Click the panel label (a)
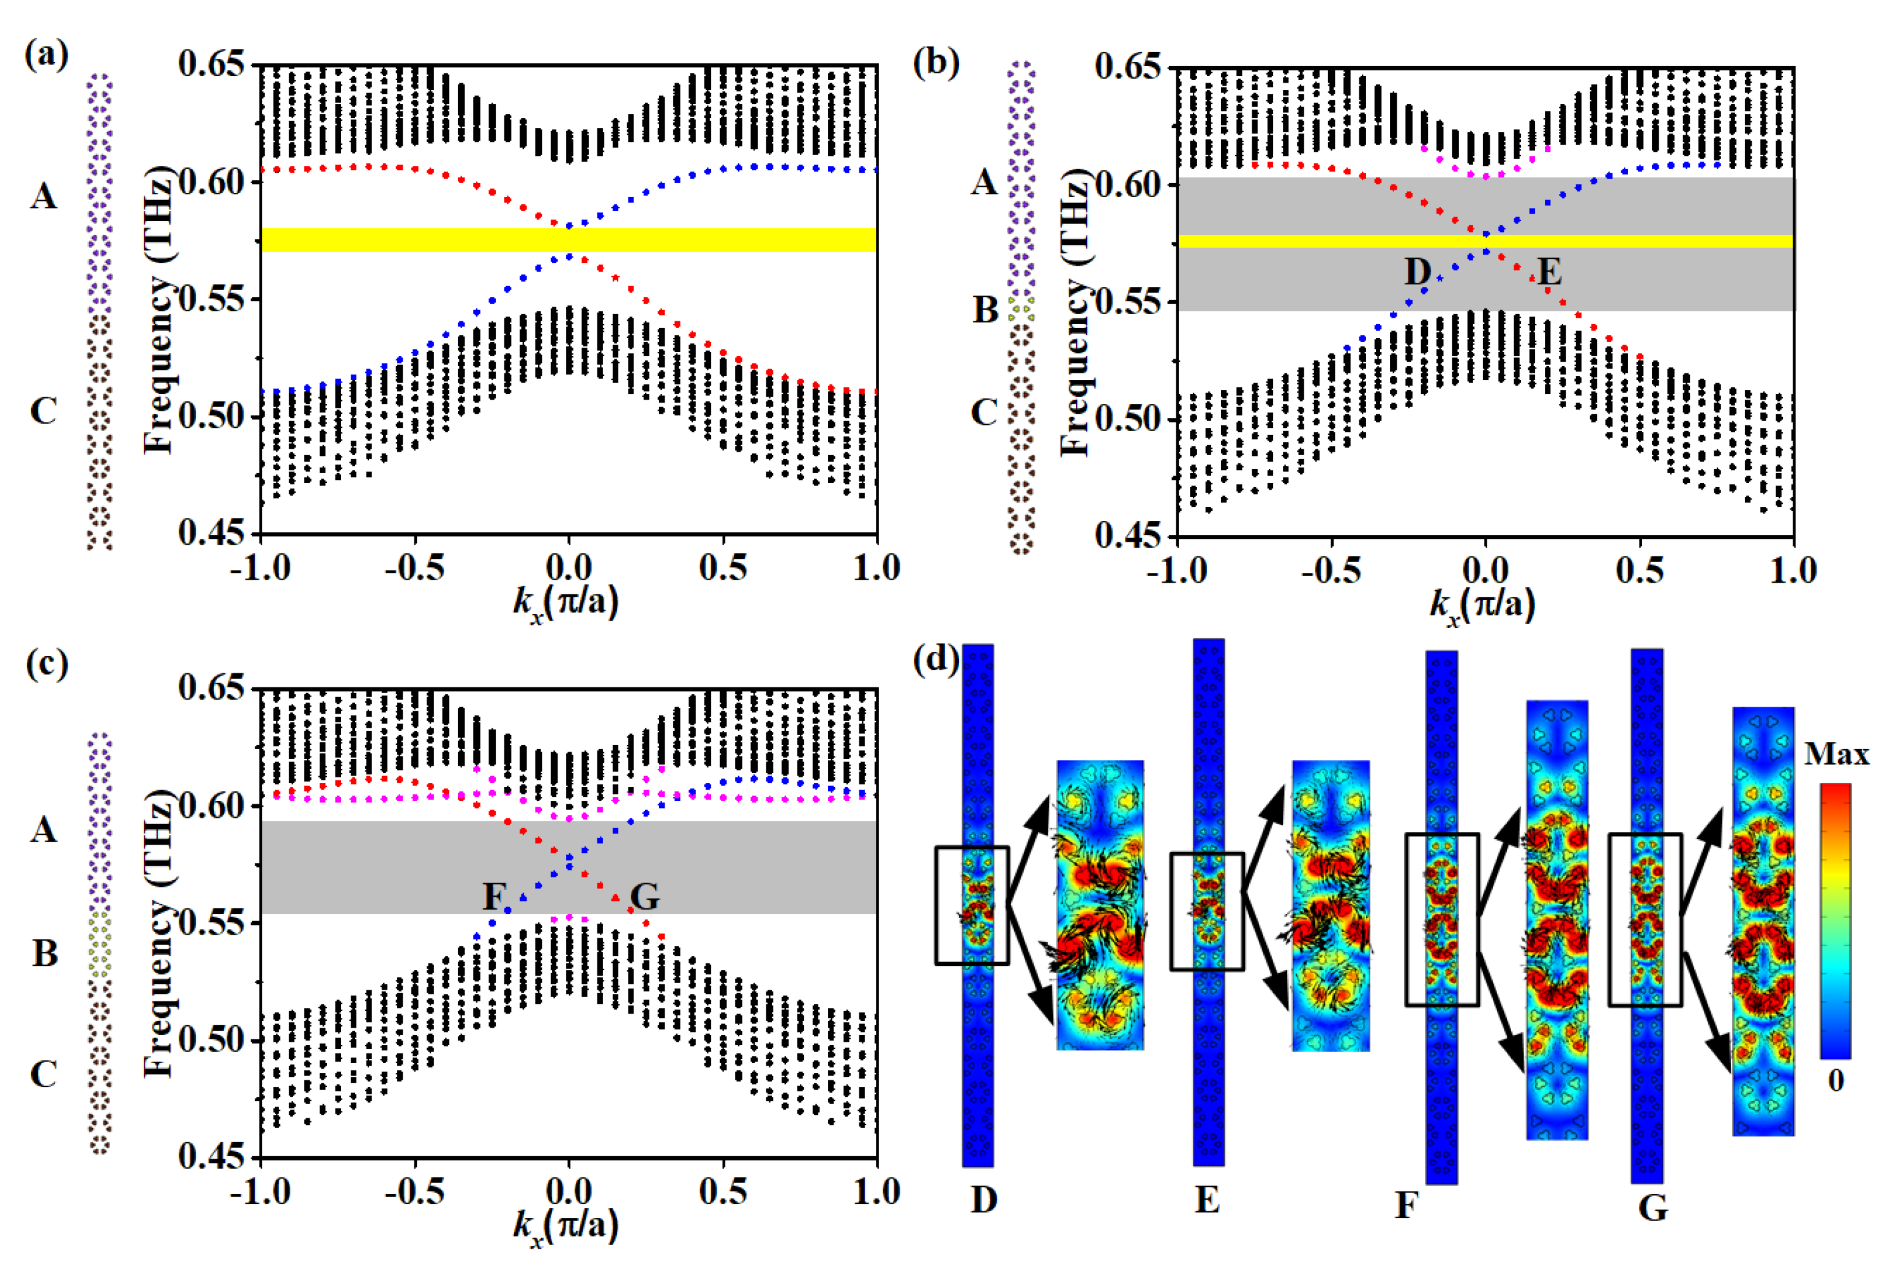(47, 56)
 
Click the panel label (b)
(936, 62)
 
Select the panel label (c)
(47, 665)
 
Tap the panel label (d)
(936, 661)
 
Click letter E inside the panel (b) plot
(1548, 272)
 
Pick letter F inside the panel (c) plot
(495, 896)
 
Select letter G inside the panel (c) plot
(645, 896)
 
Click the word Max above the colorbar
(1837, 755)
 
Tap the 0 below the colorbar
(1836, 1081)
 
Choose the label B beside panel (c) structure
(45, 954)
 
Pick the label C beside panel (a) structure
(43, 411)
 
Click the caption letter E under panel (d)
(1207, 1201)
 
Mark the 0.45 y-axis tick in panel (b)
(1129, 536)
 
